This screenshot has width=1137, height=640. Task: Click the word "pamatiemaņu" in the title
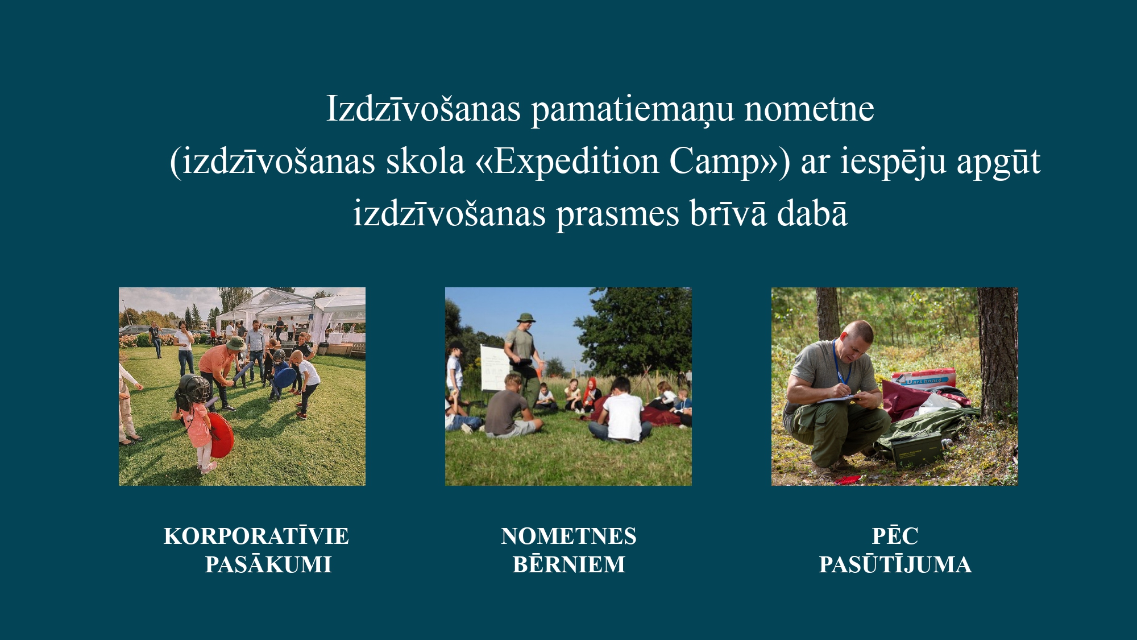tap(632, 110)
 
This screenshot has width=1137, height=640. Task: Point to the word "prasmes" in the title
tap(617, 215)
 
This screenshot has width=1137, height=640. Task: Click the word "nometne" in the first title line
tap(810, 109)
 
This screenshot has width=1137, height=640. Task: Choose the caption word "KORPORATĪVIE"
tap(256, 535)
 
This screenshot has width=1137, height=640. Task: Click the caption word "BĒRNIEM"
tap(569, 564)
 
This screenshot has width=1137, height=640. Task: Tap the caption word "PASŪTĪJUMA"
tap(895, 564)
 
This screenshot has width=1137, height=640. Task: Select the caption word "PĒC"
tap(895, 535)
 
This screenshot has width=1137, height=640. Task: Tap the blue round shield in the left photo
tap(285, 375)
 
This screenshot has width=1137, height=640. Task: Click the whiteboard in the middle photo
tap(494, 368)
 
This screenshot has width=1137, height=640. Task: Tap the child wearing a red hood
tap(591, 393)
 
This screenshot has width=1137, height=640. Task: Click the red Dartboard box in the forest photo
tap(924, 379)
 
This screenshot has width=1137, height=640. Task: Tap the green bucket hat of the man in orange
tap(235, 343)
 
